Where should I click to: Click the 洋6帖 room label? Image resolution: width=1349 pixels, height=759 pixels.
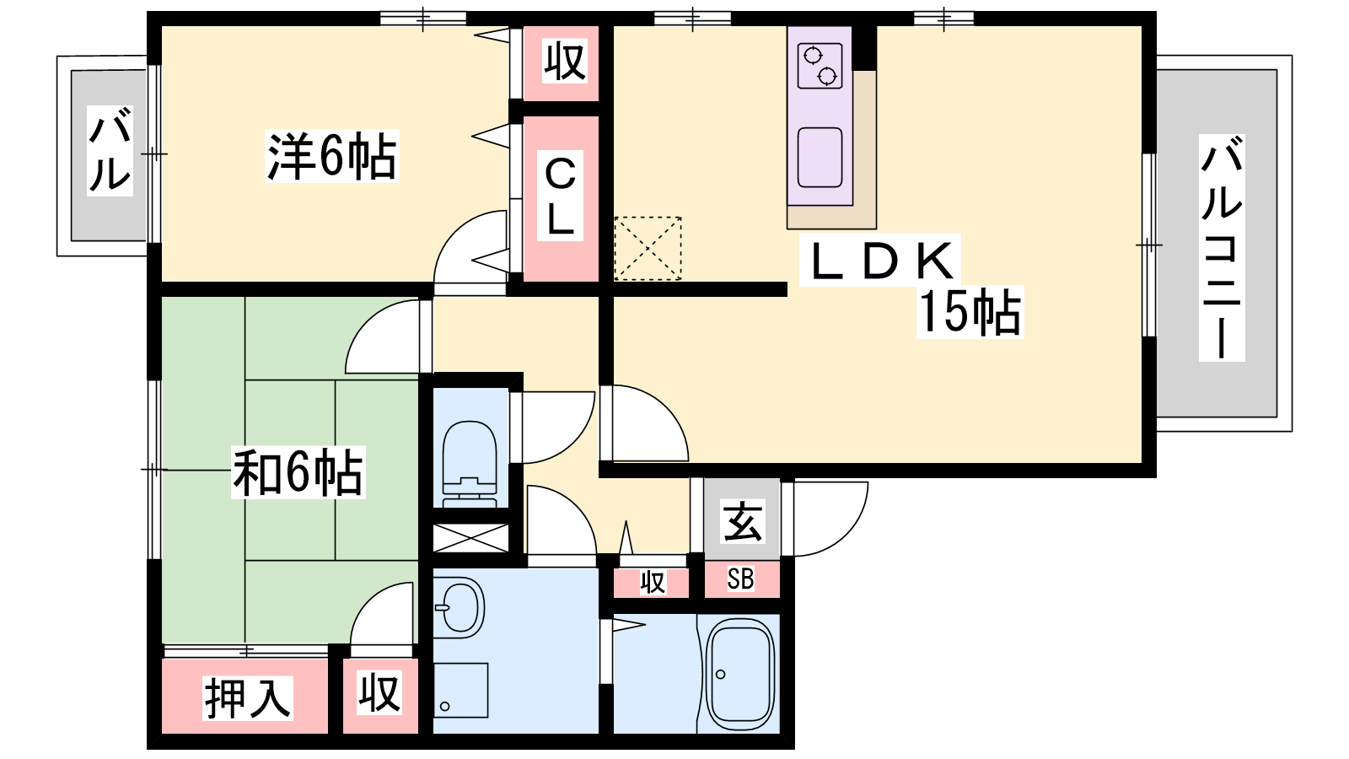point(332,156)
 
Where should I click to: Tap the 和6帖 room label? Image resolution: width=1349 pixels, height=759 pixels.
point(298,472)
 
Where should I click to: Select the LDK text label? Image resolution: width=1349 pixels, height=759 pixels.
point(881,261)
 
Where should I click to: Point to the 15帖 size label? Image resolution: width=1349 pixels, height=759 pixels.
point(970,312)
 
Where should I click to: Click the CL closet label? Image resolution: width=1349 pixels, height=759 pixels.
point(560,196)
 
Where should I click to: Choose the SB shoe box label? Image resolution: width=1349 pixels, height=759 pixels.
point(740,579)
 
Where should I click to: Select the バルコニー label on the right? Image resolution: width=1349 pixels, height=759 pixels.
point(1222,248)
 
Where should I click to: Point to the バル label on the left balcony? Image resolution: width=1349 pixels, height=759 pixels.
point(110,150)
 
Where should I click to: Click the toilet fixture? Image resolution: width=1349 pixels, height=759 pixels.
point(469,464)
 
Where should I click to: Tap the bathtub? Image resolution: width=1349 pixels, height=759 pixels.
point(740,675)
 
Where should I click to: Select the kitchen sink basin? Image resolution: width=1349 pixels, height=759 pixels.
point(820,157)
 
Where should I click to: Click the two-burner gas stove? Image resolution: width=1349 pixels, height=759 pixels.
point(820,66)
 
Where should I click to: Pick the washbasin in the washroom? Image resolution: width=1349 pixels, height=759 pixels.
point(460,607)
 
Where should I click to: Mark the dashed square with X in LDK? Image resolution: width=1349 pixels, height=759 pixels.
point(648,248)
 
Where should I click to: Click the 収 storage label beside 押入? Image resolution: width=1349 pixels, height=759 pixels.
point(379,692)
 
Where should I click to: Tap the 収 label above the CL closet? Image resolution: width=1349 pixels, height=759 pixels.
point(564,61)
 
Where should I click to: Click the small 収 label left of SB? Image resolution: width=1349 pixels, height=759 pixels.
point(653,583)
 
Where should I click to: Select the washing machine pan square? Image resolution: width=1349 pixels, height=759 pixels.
point(460,690)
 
